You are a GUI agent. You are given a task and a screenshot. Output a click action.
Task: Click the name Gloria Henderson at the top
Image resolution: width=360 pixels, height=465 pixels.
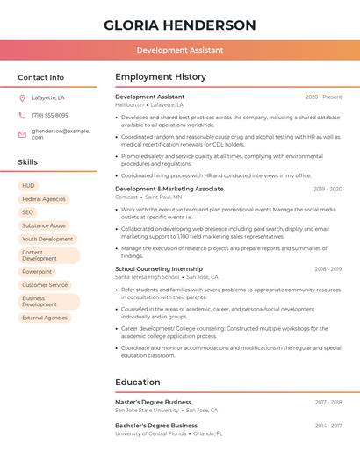(x=180, y=25)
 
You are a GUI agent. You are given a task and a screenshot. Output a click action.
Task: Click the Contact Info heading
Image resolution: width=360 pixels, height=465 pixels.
(x=40, y=77)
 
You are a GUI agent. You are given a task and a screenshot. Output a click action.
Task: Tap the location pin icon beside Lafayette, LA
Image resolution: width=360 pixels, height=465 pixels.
(x=22, y=97)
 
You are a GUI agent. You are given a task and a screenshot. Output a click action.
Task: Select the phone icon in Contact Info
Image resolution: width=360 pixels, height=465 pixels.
(x=22, y=116)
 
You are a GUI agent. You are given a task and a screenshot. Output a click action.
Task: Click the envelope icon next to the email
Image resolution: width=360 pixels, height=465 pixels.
(x=22, y=134)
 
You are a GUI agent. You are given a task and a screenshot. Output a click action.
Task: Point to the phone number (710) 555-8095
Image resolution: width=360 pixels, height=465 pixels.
(x=50, y=116)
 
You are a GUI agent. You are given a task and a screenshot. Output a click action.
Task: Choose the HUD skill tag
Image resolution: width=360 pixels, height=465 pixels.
(x=29, y=186)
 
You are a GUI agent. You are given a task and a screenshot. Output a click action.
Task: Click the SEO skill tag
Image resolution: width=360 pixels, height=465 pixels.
(x=28, y=212)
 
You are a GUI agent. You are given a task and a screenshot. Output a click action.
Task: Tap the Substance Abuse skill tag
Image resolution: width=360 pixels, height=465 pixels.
(x=44, y=225)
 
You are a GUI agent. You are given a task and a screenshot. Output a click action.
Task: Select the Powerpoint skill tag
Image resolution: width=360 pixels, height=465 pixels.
(x=37, y=272)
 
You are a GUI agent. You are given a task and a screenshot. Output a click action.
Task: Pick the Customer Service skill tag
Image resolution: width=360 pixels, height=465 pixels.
(x=45, y=285)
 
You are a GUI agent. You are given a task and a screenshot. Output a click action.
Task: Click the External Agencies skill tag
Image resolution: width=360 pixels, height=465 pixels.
(x=45, y=318)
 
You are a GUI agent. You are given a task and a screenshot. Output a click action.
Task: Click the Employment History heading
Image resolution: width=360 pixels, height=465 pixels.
(x=161, y=77)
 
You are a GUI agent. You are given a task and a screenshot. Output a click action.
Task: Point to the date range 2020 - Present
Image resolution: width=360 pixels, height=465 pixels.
(x=323, y=97)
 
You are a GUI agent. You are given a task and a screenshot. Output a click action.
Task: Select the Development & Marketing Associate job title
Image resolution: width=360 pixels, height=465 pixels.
(x=169, y=189)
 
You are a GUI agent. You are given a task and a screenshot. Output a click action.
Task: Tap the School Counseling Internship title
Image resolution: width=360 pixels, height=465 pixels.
(x=159, y=269)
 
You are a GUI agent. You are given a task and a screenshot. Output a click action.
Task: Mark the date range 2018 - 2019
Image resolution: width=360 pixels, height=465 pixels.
(x=328, y=269)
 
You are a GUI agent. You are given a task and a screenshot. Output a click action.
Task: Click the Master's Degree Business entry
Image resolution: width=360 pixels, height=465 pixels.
(x=153, y=402)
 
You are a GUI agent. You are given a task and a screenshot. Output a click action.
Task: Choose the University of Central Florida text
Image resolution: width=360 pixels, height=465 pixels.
(x=150, y=433)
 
